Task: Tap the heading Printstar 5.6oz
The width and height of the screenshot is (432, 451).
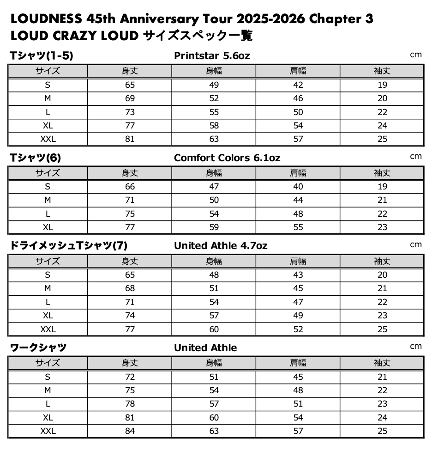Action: coord(212,56)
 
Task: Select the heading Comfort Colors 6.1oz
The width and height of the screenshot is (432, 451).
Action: coord(227,158)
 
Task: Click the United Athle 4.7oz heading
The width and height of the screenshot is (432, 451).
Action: coord(220,246)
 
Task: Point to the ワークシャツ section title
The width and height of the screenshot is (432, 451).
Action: coord(38,347)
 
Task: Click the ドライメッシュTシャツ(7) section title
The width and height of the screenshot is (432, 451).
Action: coord(68,246)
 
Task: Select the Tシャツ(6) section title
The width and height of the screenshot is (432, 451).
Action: coord(36,158)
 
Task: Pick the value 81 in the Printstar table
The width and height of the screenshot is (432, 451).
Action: coord(130,139)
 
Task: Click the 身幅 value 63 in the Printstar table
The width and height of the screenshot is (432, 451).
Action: coord(214,139)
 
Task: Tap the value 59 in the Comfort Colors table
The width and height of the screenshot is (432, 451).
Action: coord(214,227)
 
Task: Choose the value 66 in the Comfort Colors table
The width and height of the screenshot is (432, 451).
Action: coord(130,187)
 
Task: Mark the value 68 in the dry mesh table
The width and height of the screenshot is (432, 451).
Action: coord(130,288)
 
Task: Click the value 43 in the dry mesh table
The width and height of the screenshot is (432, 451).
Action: coord(298,275)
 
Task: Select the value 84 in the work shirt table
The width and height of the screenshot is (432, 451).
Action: coord(130,431)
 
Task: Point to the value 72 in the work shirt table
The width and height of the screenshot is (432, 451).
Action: coord(130,377)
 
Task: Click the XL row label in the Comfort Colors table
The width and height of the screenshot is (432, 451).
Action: coord(48,227)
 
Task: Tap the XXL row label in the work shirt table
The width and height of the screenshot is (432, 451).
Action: coord(48,431)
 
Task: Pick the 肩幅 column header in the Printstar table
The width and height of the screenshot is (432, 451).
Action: coord(298,71)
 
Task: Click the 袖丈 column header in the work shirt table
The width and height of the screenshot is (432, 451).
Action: coord(382,363)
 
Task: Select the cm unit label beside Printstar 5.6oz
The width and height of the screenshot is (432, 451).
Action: coord(416,55)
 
